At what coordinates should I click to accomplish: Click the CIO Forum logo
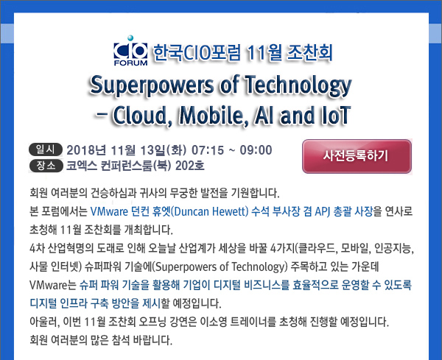point(130,51)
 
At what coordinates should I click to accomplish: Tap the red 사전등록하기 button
point(357,156)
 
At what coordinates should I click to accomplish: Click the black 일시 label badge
point(46,149)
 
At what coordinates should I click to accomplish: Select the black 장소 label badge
point(46,166)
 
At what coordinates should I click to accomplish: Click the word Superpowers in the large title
point(152,85)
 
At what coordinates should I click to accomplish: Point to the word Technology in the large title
point(298,85)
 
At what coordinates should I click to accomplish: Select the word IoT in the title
point(335,115)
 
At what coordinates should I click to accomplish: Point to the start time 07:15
point(208,150)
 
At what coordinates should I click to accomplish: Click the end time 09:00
point(256,150)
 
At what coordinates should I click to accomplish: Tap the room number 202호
point(190,166)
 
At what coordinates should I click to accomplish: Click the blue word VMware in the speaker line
point(109,211)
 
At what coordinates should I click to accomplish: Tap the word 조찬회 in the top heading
point(309,53)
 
